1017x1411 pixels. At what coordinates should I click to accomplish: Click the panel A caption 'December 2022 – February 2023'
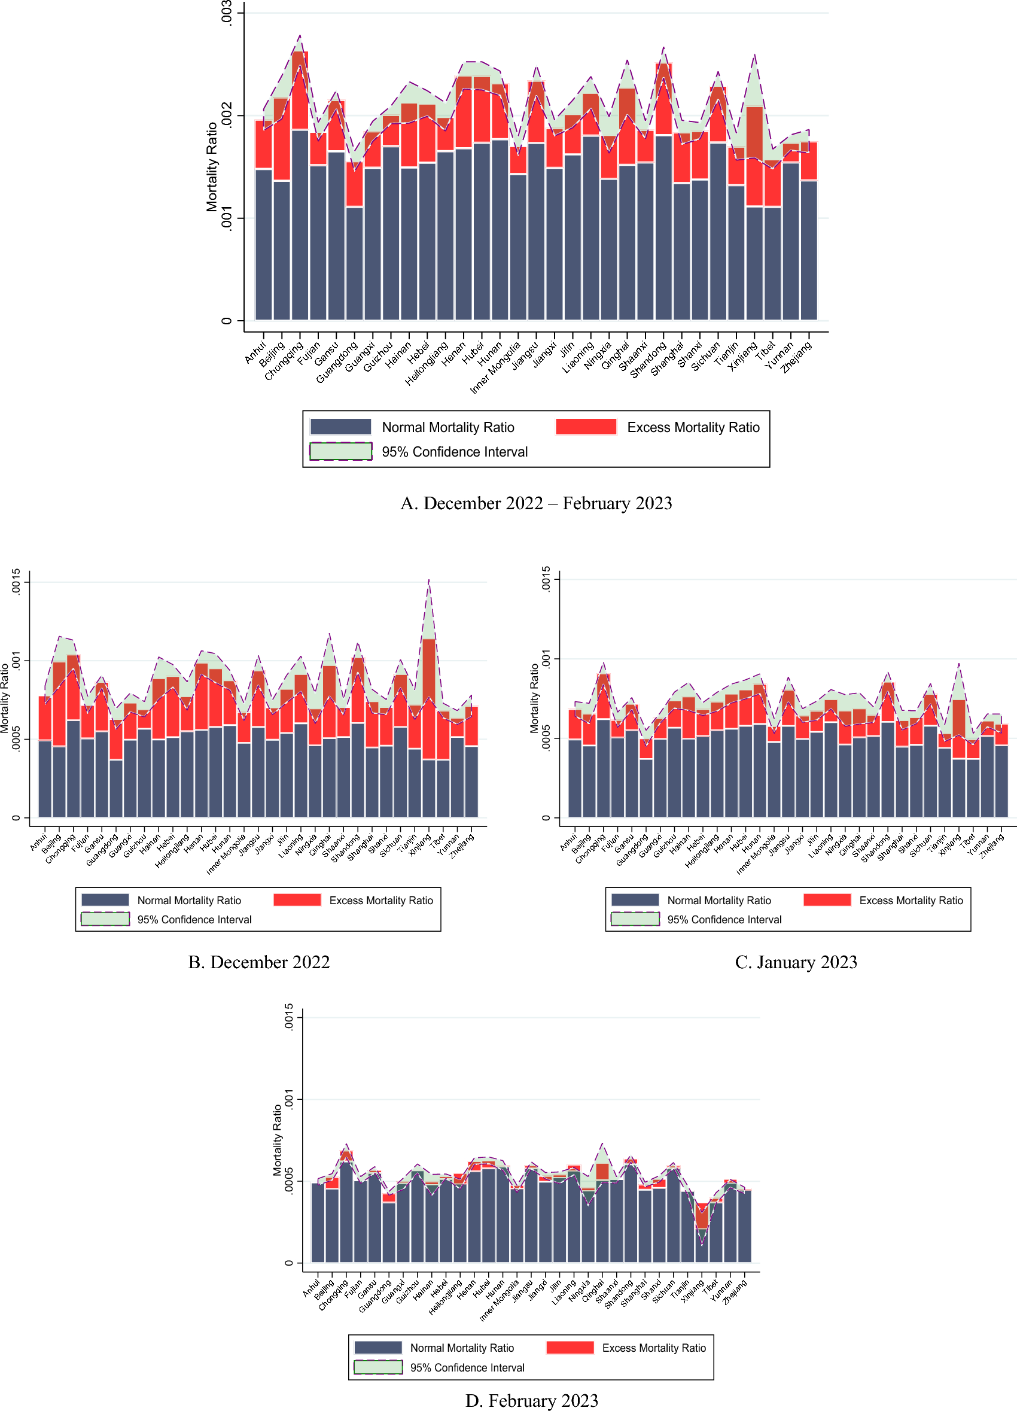535,503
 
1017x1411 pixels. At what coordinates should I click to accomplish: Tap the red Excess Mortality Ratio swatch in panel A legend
585,427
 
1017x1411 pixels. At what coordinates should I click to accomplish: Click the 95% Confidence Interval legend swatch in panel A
341,451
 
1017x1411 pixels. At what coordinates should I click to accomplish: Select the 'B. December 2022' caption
259,962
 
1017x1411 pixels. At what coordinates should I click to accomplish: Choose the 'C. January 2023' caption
796,962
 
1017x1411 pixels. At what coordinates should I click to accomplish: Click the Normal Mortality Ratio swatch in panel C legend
635,899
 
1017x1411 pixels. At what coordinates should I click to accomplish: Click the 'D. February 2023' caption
531,1400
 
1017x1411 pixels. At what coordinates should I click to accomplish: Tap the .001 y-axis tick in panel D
288,1099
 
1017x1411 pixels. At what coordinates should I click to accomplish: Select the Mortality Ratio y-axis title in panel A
212,167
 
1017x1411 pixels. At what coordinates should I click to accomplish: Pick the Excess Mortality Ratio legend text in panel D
654,1348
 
